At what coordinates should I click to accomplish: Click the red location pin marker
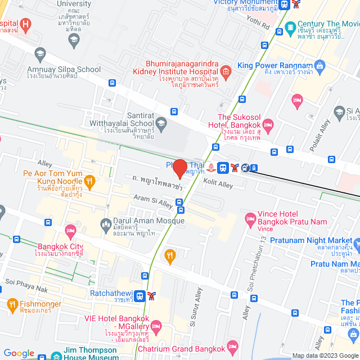coord(179,169)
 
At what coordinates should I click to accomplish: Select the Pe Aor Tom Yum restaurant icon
coord(89,181)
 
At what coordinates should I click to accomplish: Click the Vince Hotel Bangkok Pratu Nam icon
coord(250,224)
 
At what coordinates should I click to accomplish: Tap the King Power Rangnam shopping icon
coord(320,66)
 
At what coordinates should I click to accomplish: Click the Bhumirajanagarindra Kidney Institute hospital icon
coord(226,71)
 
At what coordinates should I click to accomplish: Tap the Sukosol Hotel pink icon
coord(268,123)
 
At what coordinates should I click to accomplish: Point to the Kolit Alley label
coord(218,184)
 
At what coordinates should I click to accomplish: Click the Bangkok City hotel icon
coord(70,231)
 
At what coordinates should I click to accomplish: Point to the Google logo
coord(19,353)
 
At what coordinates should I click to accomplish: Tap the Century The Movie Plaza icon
coord(290,26)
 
